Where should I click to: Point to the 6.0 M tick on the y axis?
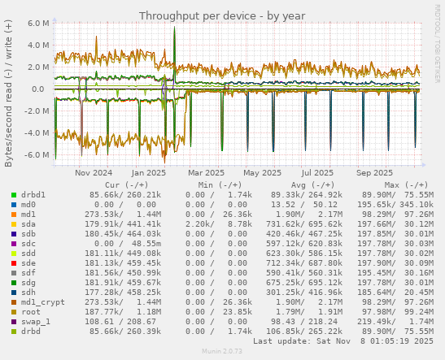[38, 24]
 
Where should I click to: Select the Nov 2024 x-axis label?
[93, 172]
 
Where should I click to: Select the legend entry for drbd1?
[33, 195]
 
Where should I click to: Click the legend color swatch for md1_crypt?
[14, 301]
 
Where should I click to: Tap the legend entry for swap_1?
[35, 322]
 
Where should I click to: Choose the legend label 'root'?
[30, 311]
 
